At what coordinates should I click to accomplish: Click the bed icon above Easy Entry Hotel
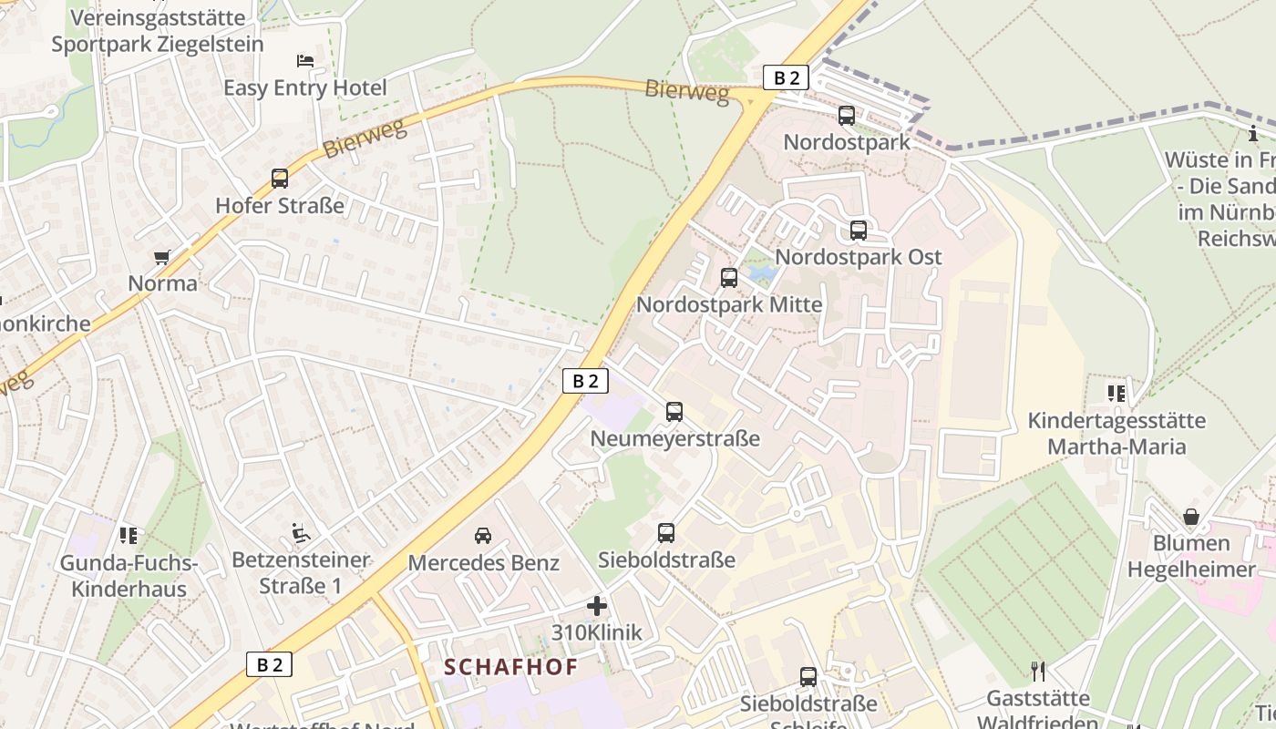tap(305, 61)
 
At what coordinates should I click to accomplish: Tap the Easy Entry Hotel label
tap(305, 88)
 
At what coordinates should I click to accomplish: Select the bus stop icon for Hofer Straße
tap(280, 179)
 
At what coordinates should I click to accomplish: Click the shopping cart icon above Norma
tap(162, 257)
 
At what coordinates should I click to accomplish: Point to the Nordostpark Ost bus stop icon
tap(858, 231)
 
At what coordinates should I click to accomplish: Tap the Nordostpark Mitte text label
tap(729, 304)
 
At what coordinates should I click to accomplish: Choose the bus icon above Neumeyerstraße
tap(674, 412)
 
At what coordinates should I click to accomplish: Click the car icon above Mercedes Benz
tap(483, 535)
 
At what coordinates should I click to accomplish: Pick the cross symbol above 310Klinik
tap(597, 606)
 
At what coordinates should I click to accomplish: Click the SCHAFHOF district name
tap(511, 667)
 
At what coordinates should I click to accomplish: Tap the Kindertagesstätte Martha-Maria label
tap(1116, 434)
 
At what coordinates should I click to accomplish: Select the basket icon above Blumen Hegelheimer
tap(1191, 517)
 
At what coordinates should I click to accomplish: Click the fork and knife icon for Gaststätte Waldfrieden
tap(1038, 672)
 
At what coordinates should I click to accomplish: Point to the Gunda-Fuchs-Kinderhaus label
tap(129, 576)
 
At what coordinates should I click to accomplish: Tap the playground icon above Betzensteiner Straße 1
tap(300, 532)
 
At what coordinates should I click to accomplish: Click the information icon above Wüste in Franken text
tap(1253, 134)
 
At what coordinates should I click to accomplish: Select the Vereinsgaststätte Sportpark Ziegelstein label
tap(158, 31)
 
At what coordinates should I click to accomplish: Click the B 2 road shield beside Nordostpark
tap(786, 77)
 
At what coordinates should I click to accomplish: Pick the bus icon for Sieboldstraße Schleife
tap(808, 677)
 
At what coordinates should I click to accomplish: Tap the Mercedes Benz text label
tap(483, 563)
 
